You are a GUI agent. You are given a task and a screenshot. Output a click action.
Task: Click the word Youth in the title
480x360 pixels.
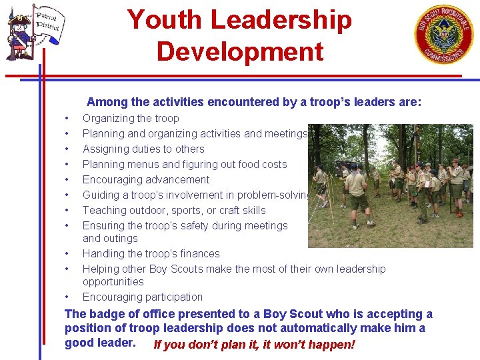tap(164, 20)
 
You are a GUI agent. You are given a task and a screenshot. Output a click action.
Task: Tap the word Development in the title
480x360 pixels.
tap(240, 51)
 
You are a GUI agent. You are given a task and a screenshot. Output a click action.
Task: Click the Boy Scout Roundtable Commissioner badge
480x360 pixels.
tap(444, 35)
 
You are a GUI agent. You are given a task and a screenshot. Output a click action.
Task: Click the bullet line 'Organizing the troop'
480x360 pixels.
tap(131, 119)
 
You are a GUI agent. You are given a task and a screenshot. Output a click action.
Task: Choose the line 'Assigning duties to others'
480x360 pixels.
tap(143, 149)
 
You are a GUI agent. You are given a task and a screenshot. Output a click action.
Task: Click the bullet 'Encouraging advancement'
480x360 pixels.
tap(145, 180)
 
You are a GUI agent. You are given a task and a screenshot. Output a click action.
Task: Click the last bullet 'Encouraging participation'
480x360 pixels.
tap(143, 297)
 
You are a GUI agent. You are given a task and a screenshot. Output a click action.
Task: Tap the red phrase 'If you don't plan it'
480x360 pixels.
tap(207, 345)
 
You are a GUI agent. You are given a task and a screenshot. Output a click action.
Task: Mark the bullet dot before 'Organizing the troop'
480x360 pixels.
tap(67, 119)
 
